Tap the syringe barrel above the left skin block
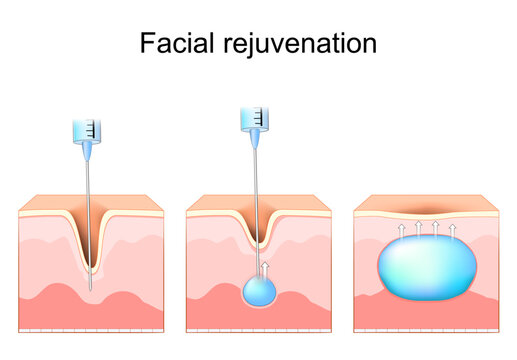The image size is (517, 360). (x=87, y=130)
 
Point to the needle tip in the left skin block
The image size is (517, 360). (x=91, y=288)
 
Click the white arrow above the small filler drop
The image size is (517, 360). (x=266, y=267)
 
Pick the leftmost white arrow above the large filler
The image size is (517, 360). (x=401, y=232)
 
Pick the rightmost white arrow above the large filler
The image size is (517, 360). (x=453, y=232)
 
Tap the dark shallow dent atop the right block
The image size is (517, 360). (x=426, y=212)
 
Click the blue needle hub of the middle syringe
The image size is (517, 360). (x=255, y=142)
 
